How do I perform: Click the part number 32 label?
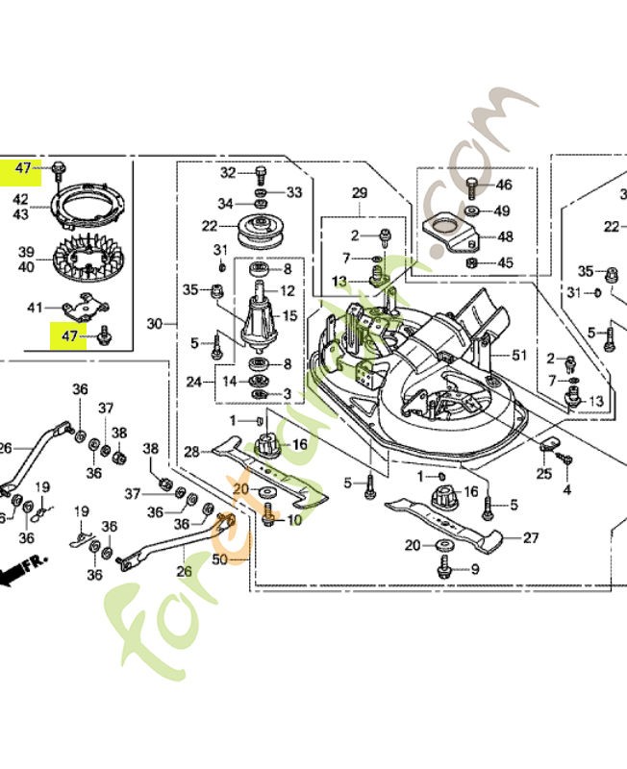pyautogui.click(x=228, y=173)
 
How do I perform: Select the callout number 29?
pyautogui.click(x=359, y=194)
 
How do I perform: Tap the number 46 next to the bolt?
pyautogui.click(x=503, y=185)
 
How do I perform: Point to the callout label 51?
pyautogui.click(x=520, y=355)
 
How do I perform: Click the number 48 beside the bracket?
pyautogui.click(x=503, y=236)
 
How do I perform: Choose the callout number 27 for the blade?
pyautogui.click(x=530, y=538)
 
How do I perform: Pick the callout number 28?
pyautogui.click(x=191, y=451)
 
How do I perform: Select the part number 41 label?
pyautogui.click(x=36, y=308)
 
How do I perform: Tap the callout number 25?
pyautogui.click(x=544, y=474)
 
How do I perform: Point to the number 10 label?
pyautogui.click(x=294, y=519)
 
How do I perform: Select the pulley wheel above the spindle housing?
pyautogui.click(x=255, y=232)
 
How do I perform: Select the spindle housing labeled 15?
pyautogui.click(x=256, y=317)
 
